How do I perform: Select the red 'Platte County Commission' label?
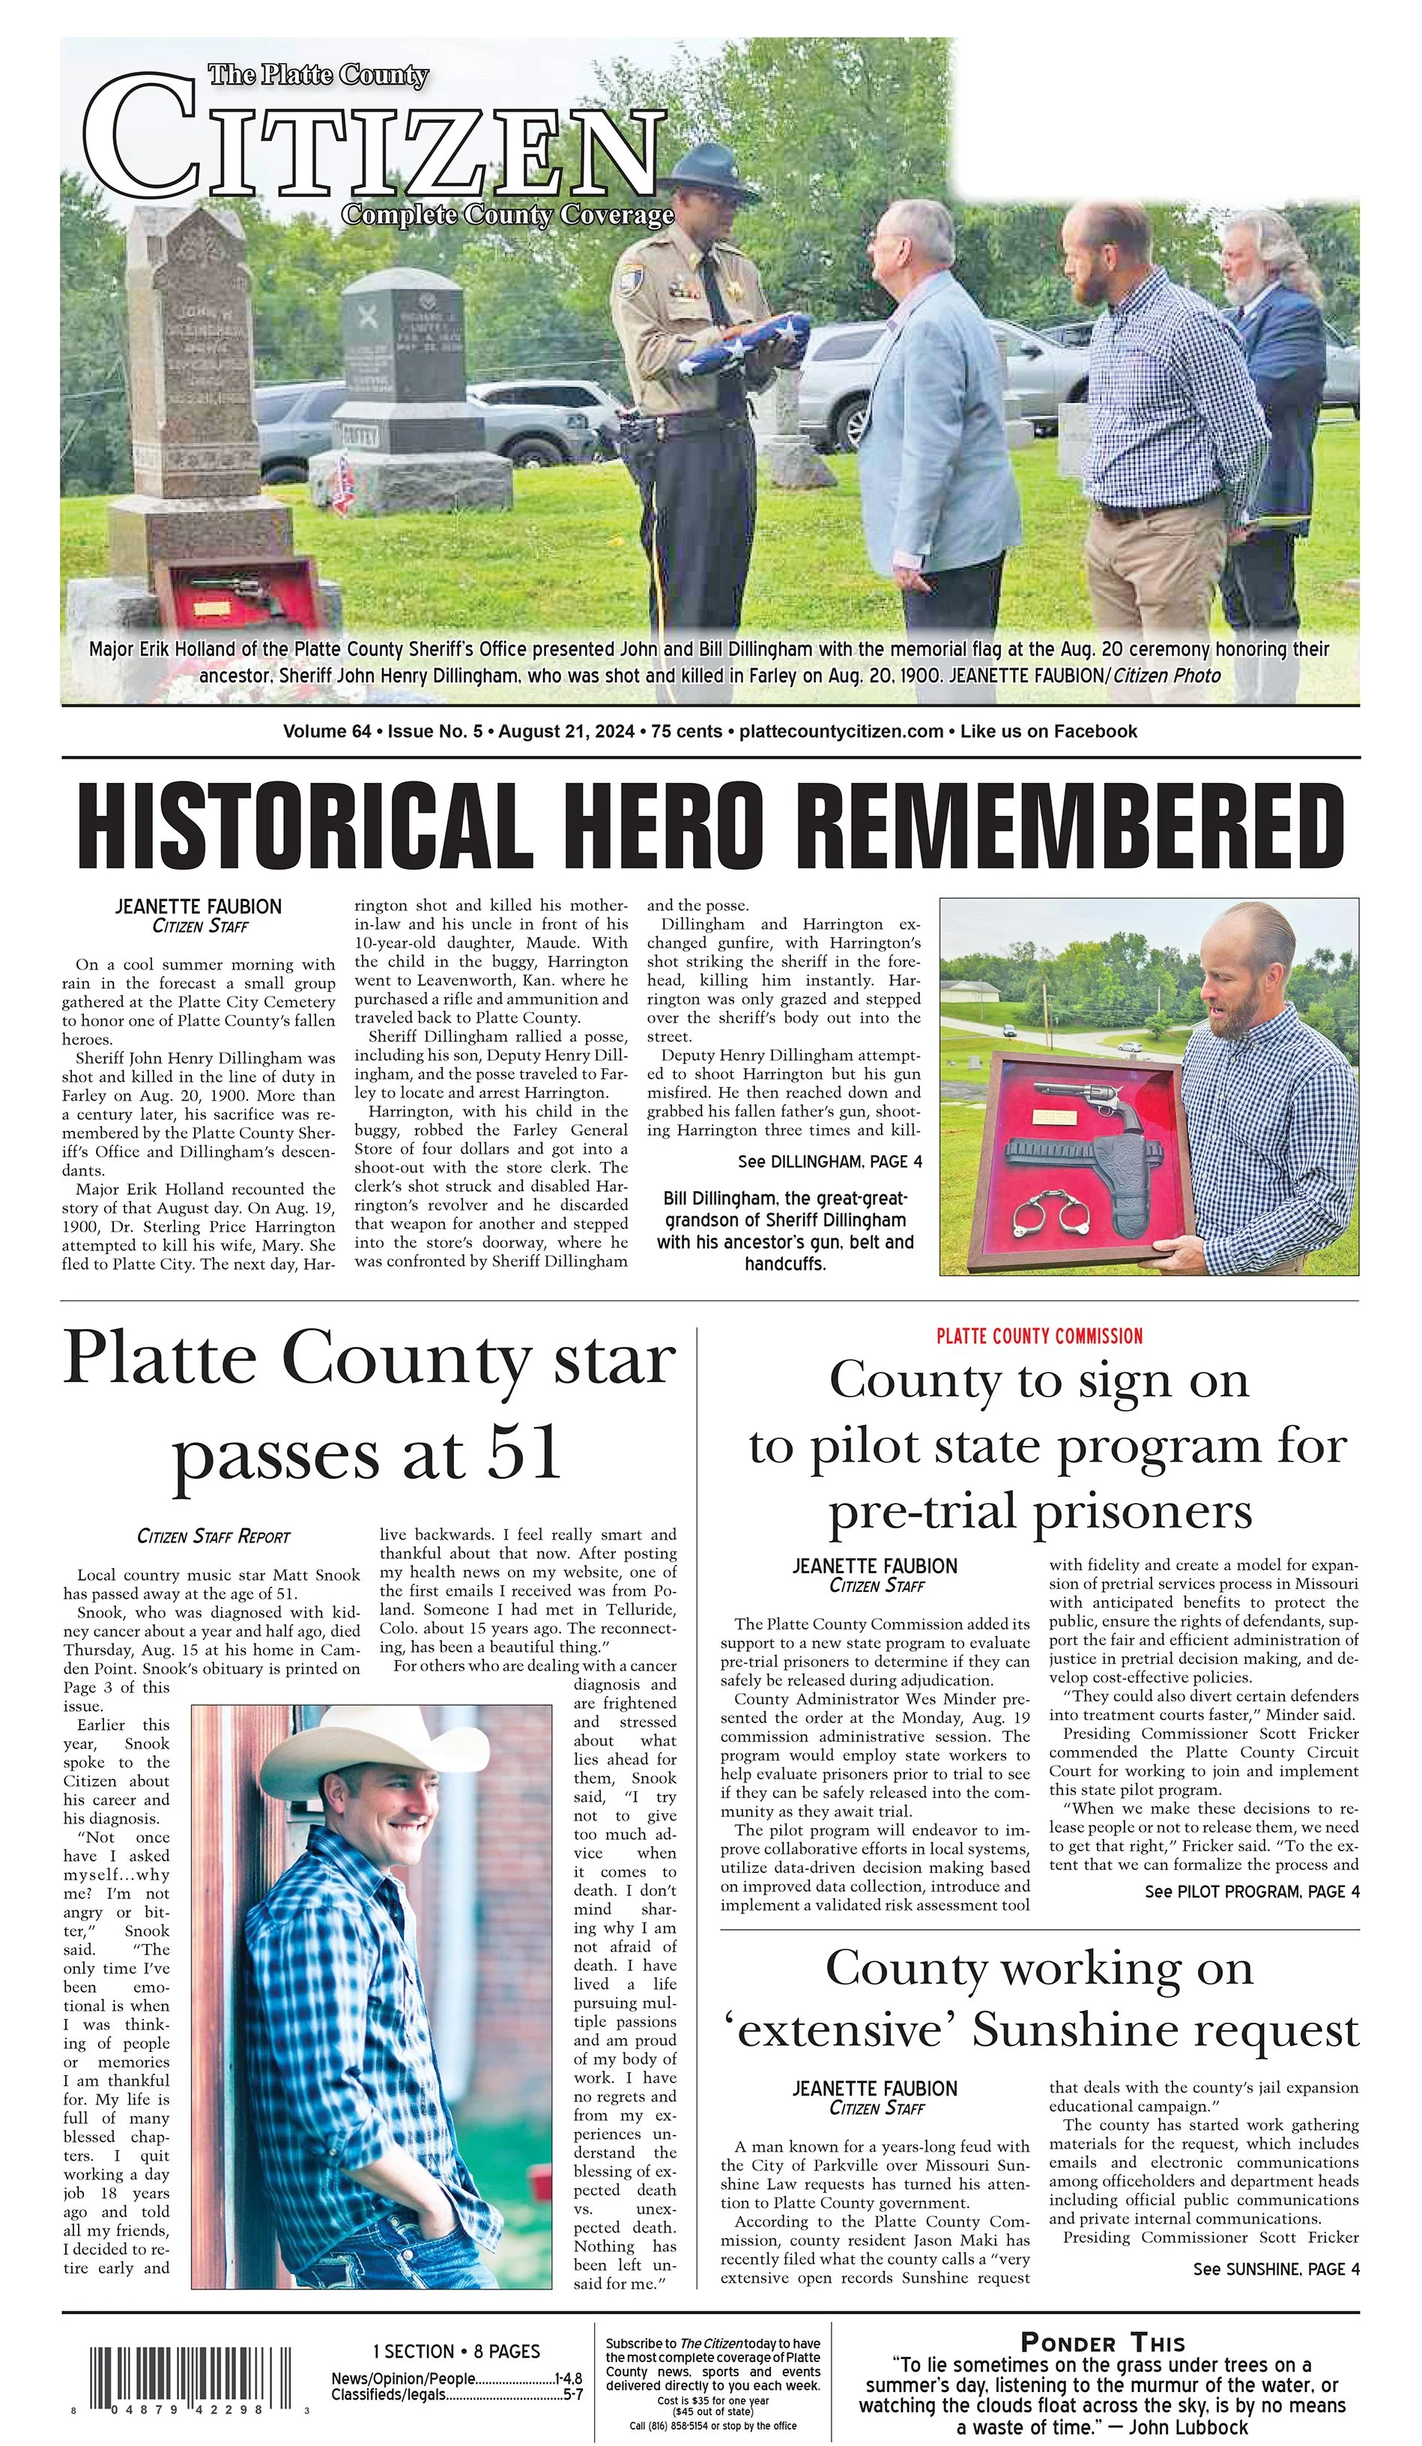click(x=1038, y=1336)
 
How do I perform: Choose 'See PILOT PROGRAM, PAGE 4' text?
click(x=1251, y=1891)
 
